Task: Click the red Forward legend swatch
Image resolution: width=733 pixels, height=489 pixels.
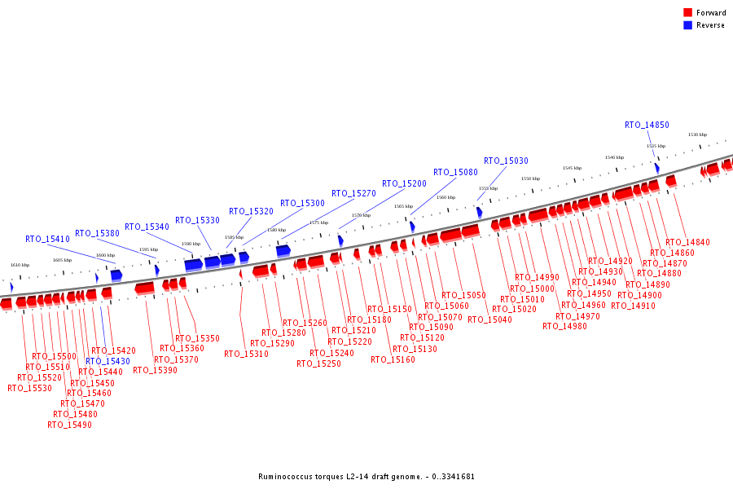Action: (688, 12)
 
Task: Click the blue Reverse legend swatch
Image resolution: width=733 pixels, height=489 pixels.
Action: (688, 25)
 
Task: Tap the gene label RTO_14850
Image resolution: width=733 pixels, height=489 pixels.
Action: (647, 125)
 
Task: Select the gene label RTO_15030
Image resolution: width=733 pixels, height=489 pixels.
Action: (506, 161)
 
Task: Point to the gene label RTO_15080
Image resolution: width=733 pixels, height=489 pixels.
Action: (455, 172)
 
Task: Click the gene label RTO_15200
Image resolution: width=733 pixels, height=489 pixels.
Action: (404, 183)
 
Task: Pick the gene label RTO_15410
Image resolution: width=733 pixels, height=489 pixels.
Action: (47, 239)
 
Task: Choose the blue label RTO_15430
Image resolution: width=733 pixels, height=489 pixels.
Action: (108, 361)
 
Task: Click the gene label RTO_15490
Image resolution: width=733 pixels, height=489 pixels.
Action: (69, 425)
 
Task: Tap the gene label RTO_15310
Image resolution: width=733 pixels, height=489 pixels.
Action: (246, 354)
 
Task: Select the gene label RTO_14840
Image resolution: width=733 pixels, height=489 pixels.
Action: (687, 242)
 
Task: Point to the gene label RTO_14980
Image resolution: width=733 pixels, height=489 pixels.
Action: (564, 326)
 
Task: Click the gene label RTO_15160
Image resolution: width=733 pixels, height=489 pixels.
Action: (393, 359)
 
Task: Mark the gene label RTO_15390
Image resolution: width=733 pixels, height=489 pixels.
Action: (155, 370)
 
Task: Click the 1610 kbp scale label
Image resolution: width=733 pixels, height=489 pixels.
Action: (20, 265)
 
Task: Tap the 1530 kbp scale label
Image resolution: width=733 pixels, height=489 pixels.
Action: (697, 134)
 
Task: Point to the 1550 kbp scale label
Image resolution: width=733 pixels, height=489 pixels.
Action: (530, 178)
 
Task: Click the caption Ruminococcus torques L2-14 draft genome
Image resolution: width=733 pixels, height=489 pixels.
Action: (366, 476)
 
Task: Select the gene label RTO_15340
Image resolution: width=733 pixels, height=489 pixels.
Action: (147, 227)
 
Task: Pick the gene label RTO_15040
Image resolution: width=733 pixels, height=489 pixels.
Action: (490, 319)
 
